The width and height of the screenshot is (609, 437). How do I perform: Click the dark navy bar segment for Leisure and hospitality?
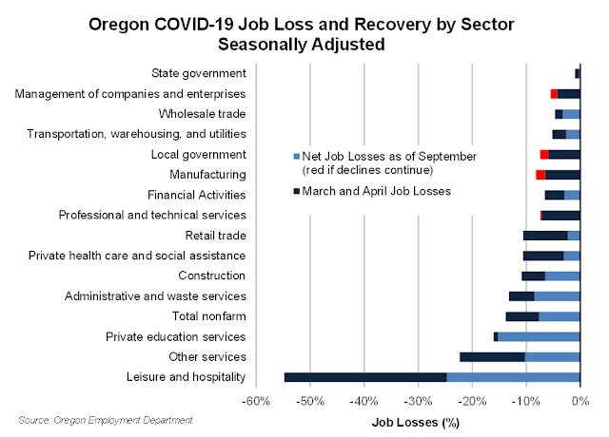tap(365, 377)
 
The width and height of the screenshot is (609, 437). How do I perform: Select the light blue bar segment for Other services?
tap(552, 357)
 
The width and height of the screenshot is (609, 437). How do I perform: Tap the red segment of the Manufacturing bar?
tap(540, 175)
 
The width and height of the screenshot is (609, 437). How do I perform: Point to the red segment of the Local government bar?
tap(544, 155)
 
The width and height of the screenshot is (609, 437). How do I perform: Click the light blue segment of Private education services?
tap(539, 337)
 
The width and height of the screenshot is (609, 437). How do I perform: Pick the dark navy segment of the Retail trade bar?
tap(545, 236)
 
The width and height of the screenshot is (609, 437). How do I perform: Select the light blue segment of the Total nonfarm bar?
tap(560, 316)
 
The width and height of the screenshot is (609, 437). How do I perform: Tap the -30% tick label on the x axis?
tap(419, 402)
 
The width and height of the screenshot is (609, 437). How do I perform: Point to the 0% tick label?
tap(580, 402)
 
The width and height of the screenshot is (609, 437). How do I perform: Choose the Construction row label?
tap(212, 275)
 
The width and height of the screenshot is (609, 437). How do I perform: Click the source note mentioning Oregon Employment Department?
tap(105, 419)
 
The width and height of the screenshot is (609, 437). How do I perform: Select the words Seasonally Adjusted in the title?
tap(304, 44)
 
